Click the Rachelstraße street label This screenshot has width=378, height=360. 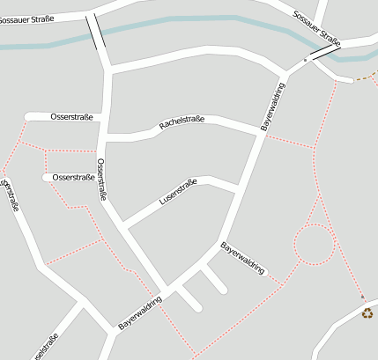click(x=182, y=124)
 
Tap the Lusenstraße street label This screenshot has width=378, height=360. click(x=178, y=192)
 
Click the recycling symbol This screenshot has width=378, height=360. click(x=367, y=312)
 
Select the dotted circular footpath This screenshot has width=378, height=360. click(x=315, y=244)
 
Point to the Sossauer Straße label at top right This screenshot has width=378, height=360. click(x=316, y=26)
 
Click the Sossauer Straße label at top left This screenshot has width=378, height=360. click(x=26, y=18)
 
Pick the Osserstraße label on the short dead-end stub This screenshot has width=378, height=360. click(x=73, y=177)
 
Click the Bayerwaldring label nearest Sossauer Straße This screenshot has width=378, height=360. click(x=275, y=108)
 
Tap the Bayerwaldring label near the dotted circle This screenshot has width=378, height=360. click(x=242, y=258)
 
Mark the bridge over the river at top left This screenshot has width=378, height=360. click(x=96, y=32)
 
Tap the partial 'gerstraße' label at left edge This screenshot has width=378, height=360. click(x=11, y=195)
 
